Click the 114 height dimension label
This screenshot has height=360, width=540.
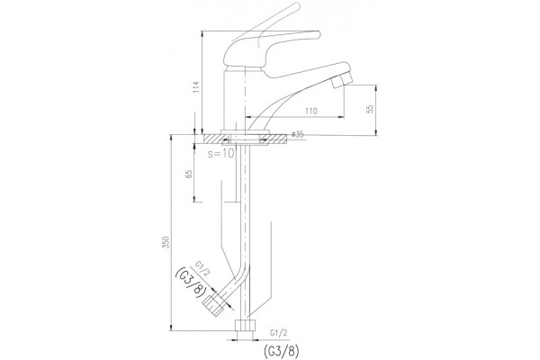[x=196, y=88]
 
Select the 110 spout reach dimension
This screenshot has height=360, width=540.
[x=311, y=111]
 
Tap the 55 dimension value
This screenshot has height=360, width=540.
[x=370, y=109]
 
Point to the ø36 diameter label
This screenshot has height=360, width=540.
[x=298, y=134]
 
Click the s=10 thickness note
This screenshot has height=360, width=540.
[x=221, y=153]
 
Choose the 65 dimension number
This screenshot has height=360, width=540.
[x=189, y=174]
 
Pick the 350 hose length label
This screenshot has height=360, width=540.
[x=166, y=243]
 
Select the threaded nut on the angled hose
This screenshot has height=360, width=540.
[x=212, y=306]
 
